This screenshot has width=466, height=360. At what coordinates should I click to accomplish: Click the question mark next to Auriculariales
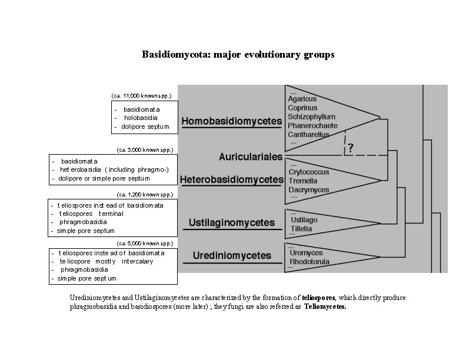351,148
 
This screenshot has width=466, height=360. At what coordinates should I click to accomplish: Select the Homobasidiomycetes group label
232,121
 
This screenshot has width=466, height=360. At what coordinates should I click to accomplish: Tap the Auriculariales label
251,156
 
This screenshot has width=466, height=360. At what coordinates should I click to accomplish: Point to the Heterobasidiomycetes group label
232,179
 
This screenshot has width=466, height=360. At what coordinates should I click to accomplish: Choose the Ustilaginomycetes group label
232,222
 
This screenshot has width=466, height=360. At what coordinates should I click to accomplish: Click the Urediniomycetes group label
232,255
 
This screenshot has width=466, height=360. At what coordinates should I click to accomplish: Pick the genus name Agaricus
302,99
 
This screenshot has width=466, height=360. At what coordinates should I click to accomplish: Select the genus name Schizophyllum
311,116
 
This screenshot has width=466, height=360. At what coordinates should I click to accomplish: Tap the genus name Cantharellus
308,135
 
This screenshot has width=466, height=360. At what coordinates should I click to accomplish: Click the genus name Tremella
303,181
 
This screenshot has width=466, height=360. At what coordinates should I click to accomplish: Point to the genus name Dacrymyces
309,190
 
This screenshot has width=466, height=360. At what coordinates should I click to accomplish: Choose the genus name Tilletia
301,229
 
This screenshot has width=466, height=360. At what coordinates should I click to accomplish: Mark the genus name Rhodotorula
309,262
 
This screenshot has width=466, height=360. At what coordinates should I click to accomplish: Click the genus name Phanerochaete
312,126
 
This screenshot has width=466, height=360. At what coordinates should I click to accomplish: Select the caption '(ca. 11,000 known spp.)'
141,96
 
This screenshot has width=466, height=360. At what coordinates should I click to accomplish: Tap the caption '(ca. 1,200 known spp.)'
145,195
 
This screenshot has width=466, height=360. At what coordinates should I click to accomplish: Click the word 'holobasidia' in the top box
141,118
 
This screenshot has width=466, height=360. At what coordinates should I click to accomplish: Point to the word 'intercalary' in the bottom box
137,261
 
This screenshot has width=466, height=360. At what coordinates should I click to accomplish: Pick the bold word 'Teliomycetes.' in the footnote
325,306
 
